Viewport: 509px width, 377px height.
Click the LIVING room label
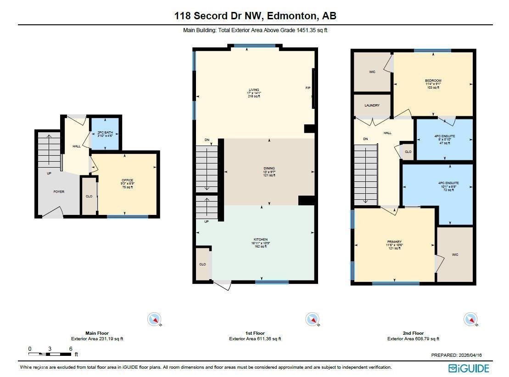click(254, 90)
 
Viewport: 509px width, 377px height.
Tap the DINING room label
click(268, 169)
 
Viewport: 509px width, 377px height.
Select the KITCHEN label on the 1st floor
click(260, 240)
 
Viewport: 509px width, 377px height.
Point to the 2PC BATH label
click(105, 133)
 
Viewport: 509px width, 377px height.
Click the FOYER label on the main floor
click(59, 191)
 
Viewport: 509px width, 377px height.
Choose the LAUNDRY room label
click(372, 106)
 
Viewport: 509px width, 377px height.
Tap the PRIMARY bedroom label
click(394, 242)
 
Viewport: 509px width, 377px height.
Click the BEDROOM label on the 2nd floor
click(433, 81)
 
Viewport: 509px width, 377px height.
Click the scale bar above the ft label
click(50, 354)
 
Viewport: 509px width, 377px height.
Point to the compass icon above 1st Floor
click(313, 319)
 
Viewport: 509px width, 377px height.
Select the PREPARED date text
click(457, 355)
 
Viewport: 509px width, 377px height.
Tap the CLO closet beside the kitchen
click(202, 264)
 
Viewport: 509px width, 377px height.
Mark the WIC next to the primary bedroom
click(455, 254)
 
